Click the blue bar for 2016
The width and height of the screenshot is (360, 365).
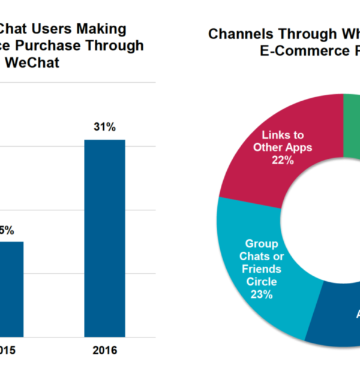[x=104, y=237]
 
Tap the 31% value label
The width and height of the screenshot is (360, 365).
[x=104, y=127]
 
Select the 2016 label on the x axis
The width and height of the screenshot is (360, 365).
[x=104, y=349]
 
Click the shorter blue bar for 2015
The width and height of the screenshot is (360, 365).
[x=11, y=288]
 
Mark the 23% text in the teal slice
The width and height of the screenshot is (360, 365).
[x=262, y=294]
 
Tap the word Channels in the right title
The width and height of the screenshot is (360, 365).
[x=240, y=34]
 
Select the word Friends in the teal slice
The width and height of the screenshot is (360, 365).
[x=262, y=269]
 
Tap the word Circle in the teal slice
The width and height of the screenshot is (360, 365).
[x=262, y=281]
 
